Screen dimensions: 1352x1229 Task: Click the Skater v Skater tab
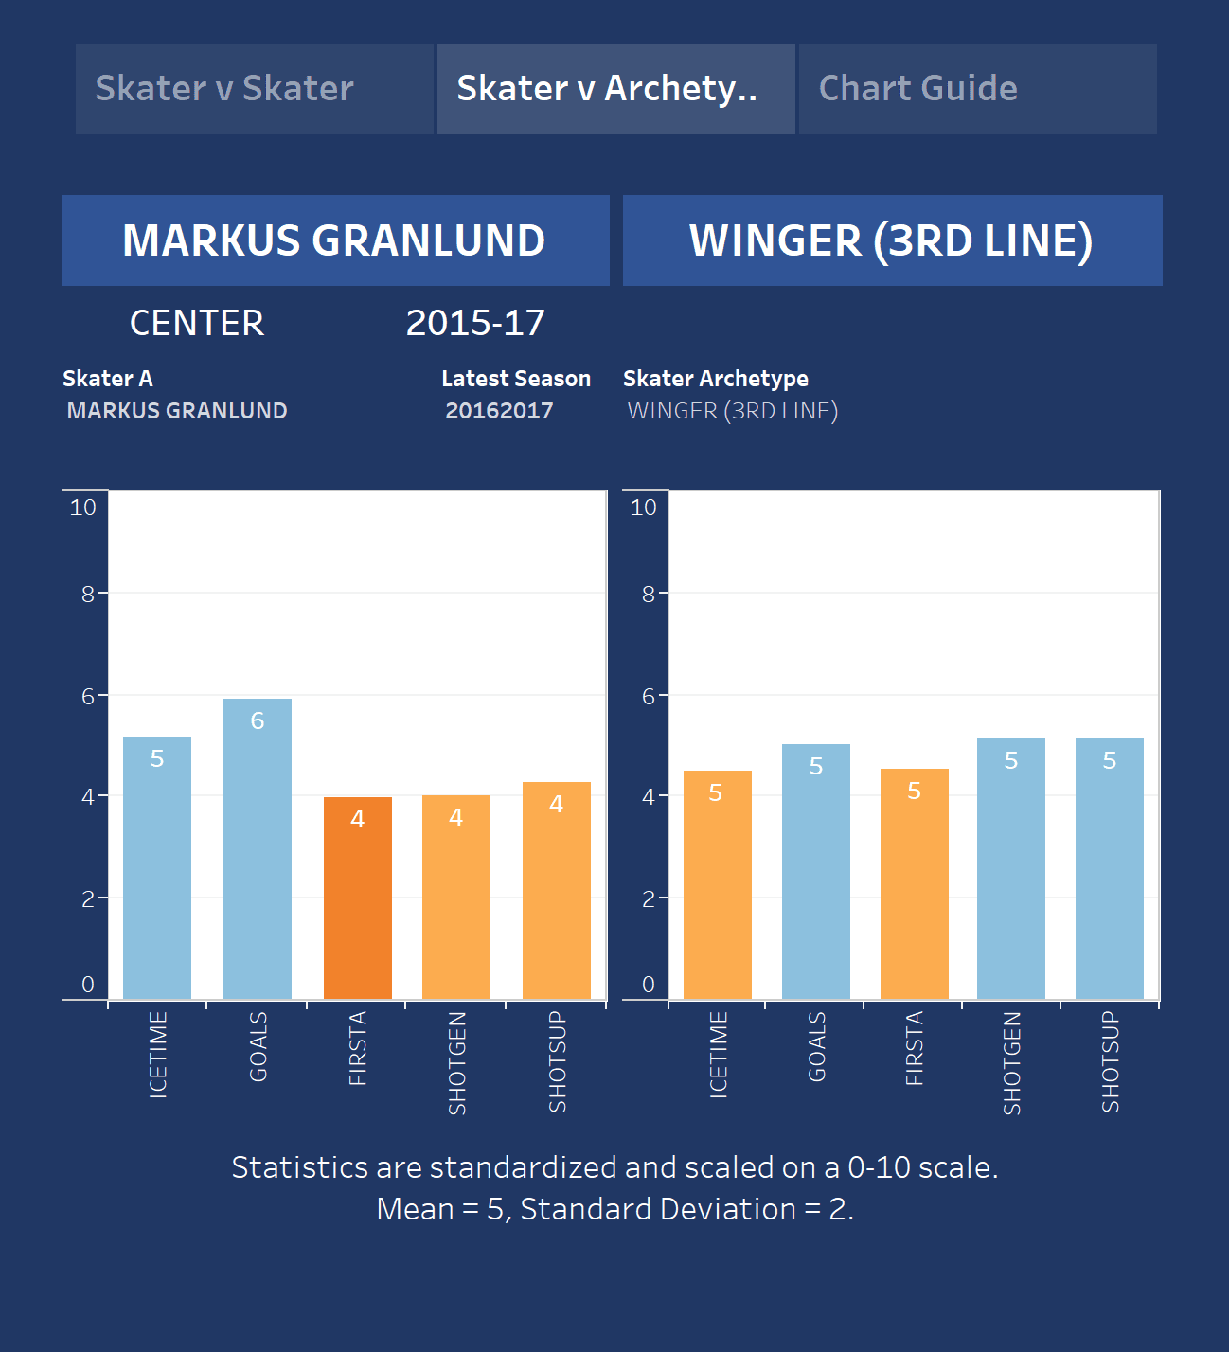(x=254, y=89)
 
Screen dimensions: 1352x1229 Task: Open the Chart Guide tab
(x=977, y=89)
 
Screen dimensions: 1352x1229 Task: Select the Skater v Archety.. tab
(x=615, y=89)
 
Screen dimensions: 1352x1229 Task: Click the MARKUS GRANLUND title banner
(x=335, y=240)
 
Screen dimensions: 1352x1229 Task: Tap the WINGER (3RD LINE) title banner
(x=892, y=240)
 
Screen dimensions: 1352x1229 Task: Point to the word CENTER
(x=197, y=324)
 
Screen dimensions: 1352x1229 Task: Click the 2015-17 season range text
(x=475, y=324)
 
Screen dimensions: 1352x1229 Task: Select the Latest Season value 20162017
(x=499, y=411)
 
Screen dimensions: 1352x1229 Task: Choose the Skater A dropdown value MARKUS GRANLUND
(x=177, y=411)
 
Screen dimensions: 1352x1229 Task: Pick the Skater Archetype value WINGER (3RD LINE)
(x=733, y=411)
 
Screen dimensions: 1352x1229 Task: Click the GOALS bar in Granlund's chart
(x=258, y=848)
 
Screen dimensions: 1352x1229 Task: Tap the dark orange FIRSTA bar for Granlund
(x=358, y=898)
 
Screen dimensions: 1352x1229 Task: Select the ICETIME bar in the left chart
(x=157, y=867)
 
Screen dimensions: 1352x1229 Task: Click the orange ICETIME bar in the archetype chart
(x=718, y=884)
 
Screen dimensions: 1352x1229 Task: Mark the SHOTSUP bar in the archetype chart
(x=1110, y=868)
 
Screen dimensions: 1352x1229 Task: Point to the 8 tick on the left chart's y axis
(x=88, y=595)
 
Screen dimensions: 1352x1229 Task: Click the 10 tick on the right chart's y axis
(x=644, y=507)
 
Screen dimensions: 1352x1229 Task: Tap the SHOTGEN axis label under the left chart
(x=457, y=1062)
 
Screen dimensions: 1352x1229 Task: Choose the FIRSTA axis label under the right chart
(x=915, y=1048)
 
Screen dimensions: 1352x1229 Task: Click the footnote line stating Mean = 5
(x=615, y=1209)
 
